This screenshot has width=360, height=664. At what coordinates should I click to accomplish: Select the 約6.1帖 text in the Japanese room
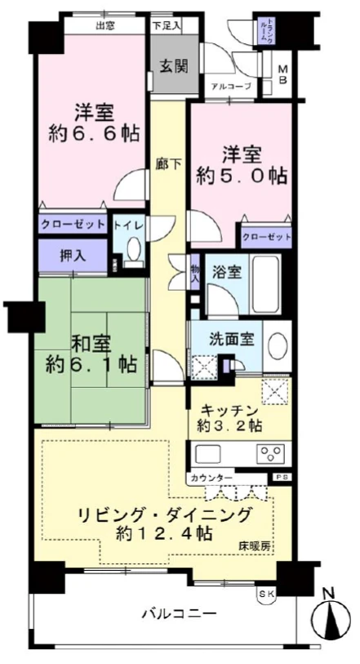pyautogui.click(x=79, y=362)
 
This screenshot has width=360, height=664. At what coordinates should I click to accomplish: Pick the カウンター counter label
pyautogui.click(x=211, y=478)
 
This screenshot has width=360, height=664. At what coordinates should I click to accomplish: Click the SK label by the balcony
pyautogui.click(x=266, y=593)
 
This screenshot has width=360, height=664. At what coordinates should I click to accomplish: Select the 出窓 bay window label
pyautogui.click(x=104, y=25)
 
